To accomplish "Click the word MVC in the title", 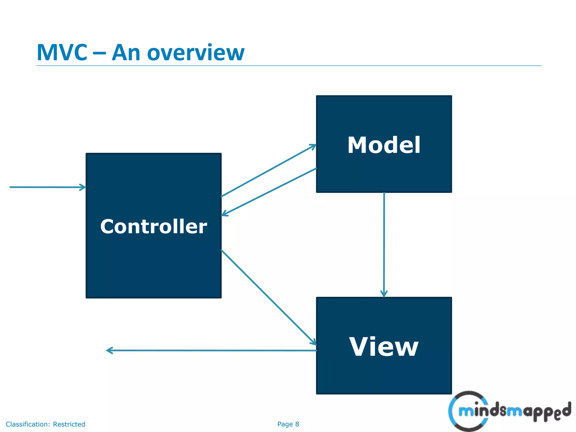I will (x=62, y=53).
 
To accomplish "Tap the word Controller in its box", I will (x=154, y=226).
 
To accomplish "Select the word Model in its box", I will (x=384, y=145).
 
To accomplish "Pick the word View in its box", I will (x=384, y=347).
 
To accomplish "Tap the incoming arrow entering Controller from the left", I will (x=45, y=187).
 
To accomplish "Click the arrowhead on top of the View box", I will (x=384, y=294).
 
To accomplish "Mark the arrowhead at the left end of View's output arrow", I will (x=109, y=350).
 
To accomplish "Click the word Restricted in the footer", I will (x=69, y=424).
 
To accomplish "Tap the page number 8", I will (x=297, y=424).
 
